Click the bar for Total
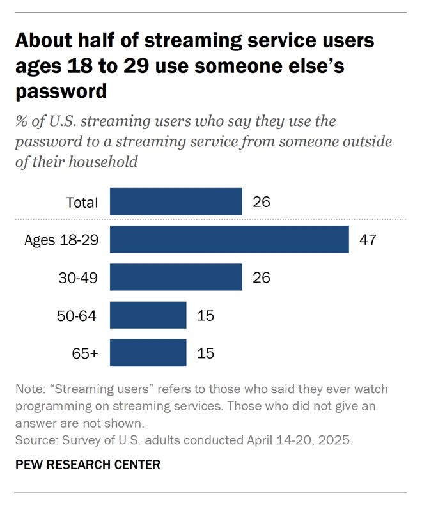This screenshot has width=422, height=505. tap(176, 202)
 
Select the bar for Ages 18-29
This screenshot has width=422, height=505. tap(230, 240)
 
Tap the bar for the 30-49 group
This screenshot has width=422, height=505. tap(176, 277)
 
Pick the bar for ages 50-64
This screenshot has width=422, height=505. tap(148, 315)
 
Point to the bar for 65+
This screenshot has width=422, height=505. tap(148, 353)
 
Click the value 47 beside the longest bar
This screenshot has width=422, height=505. tap(368, 240)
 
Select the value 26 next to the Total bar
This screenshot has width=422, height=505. tap(261, 203)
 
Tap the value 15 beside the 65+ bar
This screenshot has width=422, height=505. tap(205, 353)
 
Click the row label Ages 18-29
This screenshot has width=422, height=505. tap(61, 240)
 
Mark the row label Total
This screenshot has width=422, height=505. tap(82, 203)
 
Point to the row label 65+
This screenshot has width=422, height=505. tap(84, 353)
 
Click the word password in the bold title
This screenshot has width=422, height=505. tap(61, 91)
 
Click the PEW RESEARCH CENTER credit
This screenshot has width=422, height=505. tap(87, 465)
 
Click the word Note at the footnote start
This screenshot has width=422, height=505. tap(28, 390)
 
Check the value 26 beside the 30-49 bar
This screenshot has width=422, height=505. tap(261, 277)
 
